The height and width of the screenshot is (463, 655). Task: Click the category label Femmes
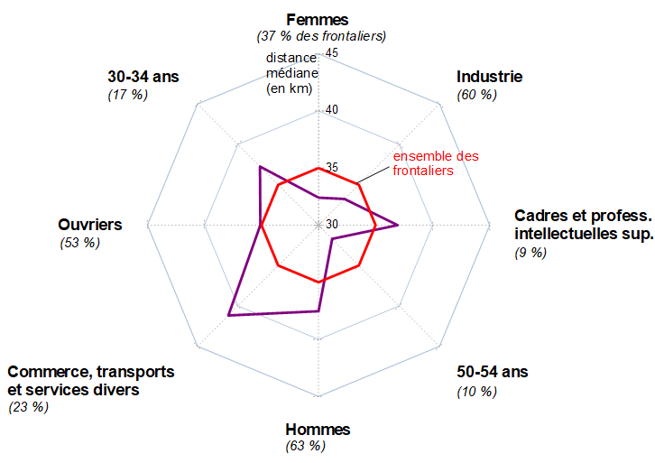click(x=318, y=19)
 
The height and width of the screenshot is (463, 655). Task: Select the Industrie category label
click(x=490, y=77)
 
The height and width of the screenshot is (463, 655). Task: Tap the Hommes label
click(x=318, y=430)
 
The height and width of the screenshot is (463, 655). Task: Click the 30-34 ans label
click(x=143, y=77)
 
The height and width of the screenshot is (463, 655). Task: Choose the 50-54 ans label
click(x=493, y=372)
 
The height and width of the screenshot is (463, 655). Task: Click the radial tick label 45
click(x=331, y=53)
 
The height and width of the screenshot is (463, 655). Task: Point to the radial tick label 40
click(x=331, y=110)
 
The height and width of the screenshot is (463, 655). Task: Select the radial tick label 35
click(x=331, y=168)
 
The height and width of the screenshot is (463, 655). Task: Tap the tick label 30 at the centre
click(x=331, y=225)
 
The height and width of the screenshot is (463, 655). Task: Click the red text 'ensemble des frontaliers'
click(x=436, y=163)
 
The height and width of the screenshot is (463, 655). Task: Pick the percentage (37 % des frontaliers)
click(x=321, y=36)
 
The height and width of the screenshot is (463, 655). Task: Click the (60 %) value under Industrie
click(x=477, y=94)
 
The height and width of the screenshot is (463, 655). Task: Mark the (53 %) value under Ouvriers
click(x=80, y=243)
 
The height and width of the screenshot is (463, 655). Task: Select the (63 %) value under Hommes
click(x=305, y=446)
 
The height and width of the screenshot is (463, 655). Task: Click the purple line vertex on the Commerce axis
click(x=230, y=315)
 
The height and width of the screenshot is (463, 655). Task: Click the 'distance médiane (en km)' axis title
click(x=287, y=73)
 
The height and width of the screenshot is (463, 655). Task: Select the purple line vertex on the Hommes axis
click(x=318, y=311)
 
